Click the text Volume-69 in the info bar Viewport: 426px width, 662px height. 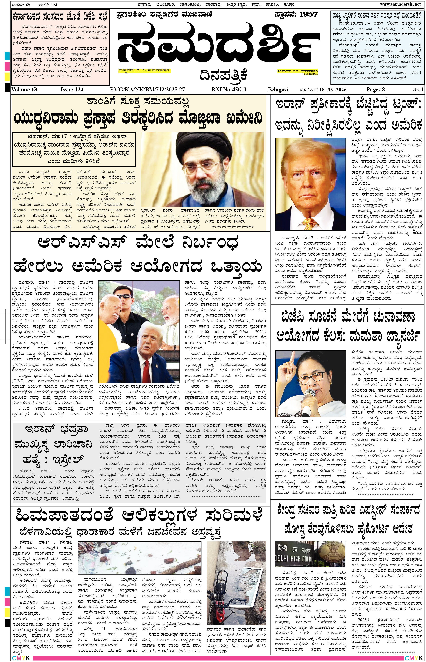point(24,90)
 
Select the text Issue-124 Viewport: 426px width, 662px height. point(72,90)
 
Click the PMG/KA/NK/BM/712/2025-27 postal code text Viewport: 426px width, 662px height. point(147,90)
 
